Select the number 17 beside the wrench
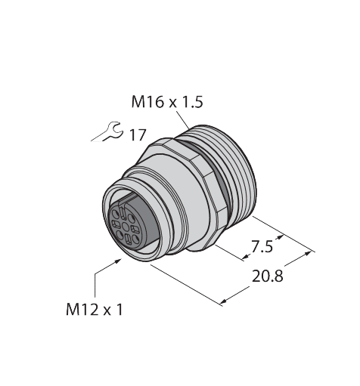137,136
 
